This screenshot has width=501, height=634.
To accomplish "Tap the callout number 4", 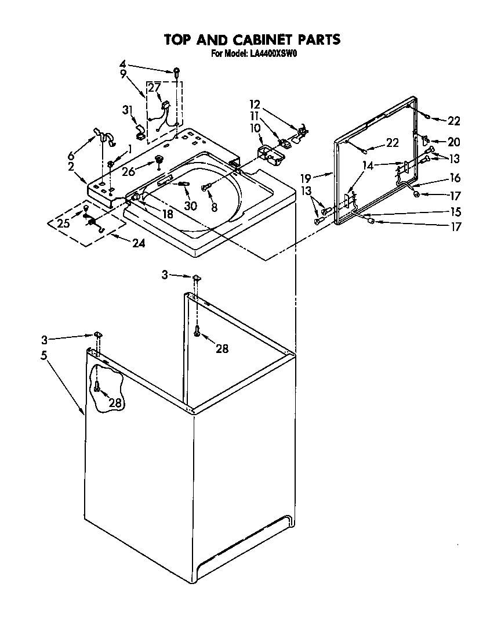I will tap(122, 64).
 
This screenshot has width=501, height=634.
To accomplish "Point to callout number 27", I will tap(153, 88).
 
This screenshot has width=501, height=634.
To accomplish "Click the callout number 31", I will tap(128, 110).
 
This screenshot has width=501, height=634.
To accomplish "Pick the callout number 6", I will tap(71, 155).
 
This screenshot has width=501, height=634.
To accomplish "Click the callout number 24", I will tap(138, 243).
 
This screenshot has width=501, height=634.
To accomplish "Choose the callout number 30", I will tap(190, 206).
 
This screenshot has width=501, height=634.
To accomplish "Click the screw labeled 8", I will tap(205, 188).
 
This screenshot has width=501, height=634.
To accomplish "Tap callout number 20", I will tap(453, 141).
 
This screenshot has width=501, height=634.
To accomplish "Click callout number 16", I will tap(455, 178).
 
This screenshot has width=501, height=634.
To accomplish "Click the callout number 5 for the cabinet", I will tap(44, 356).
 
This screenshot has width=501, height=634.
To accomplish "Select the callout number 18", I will tap(168, 214).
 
